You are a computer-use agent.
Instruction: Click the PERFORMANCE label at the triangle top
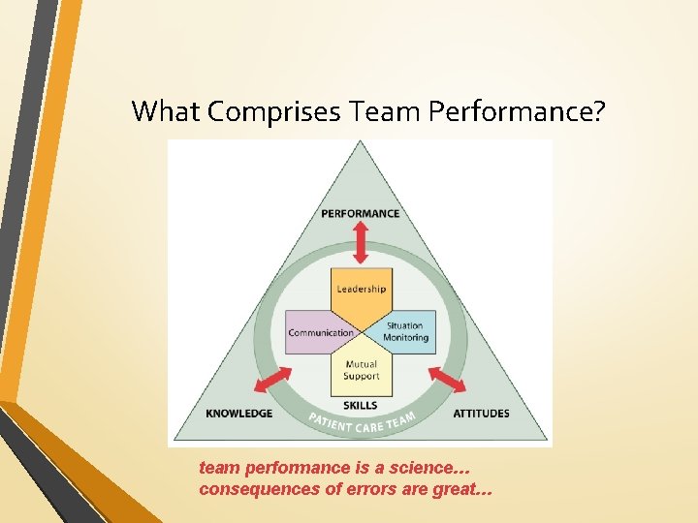click(361, 213)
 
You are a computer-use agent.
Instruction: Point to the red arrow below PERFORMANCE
click(361, 242)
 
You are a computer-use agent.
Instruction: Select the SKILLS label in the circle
click(361, 405)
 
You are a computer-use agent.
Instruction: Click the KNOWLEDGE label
click(239, 414)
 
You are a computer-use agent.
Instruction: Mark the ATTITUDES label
click(481, 414)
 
